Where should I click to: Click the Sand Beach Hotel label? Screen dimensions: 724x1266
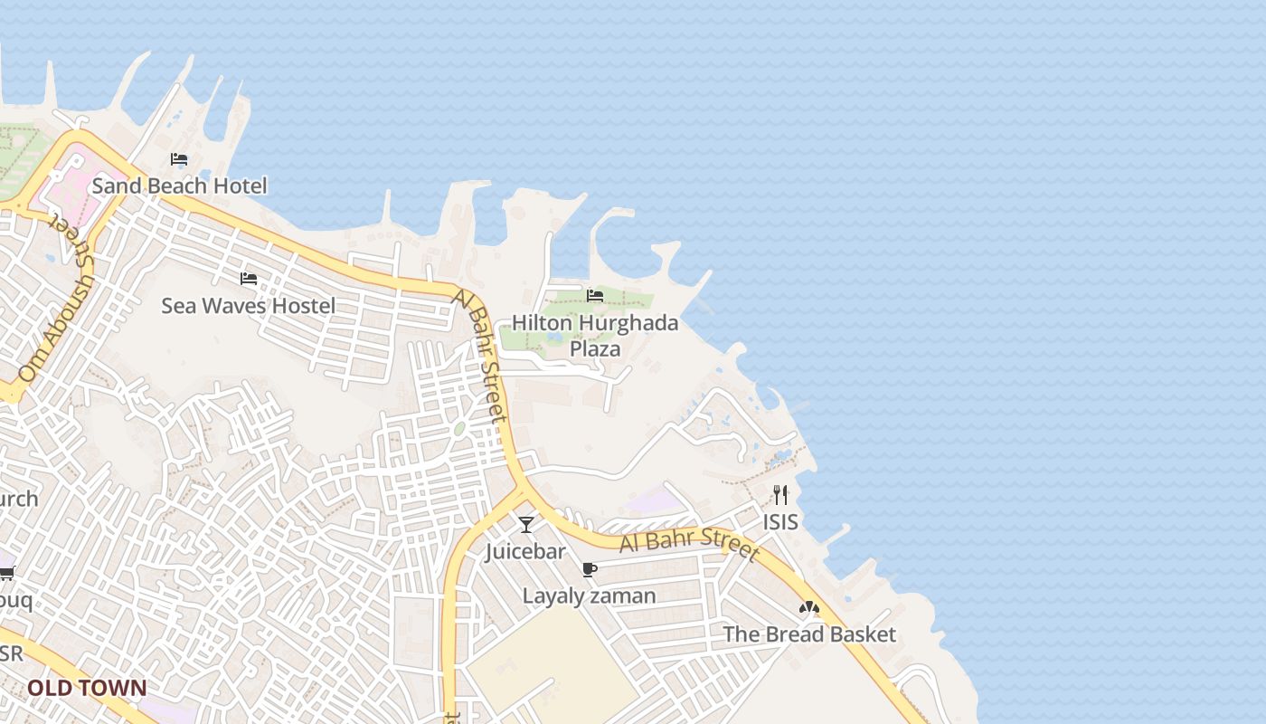179,186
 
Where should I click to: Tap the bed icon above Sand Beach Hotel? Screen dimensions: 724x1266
179,160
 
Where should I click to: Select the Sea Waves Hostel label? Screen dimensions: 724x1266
248,306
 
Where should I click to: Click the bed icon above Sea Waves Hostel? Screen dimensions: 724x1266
249,279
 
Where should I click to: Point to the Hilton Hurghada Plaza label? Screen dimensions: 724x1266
595,336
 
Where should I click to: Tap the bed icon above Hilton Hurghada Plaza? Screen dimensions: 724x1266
595,296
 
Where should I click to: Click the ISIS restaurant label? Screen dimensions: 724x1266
780,522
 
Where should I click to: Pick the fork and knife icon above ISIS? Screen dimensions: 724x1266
780,495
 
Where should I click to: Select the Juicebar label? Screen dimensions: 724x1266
525,551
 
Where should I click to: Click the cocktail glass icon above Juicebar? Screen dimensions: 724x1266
526,524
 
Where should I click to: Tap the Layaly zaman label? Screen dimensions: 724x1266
589,596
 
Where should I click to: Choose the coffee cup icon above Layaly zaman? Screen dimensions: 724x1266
590,569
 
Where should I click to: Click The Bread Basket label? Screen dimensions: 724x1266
809,634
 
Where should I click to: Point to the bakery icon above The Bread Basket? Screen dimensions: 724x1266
809,608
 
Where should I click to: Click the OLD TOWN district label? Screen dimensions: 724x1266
87,688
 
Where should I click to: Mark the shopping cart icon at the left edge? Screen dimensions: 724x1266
6,572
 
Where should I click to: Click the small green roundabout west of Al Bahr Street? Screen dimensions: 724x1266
459,428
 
